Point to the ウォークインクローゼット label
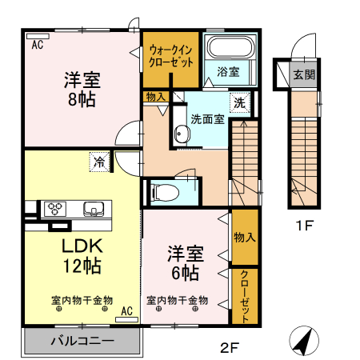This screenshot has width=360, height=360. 170,57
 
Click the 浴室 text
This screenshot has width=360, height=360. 228,71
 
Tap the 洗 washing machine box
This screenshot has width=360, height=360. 239,102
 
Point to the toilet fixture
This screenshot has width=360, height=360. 163,192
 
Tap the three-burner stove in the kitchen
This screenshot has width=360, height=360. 55,210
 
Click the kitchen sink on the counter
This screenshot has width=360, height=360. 94,210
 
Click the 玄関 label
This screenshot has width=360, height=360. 303,76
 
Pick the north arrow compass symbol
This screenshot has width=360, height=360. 302,342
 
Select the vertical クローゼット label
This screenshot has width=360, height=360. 244,295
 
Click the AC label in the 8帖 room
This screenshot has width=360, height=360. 38,46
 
